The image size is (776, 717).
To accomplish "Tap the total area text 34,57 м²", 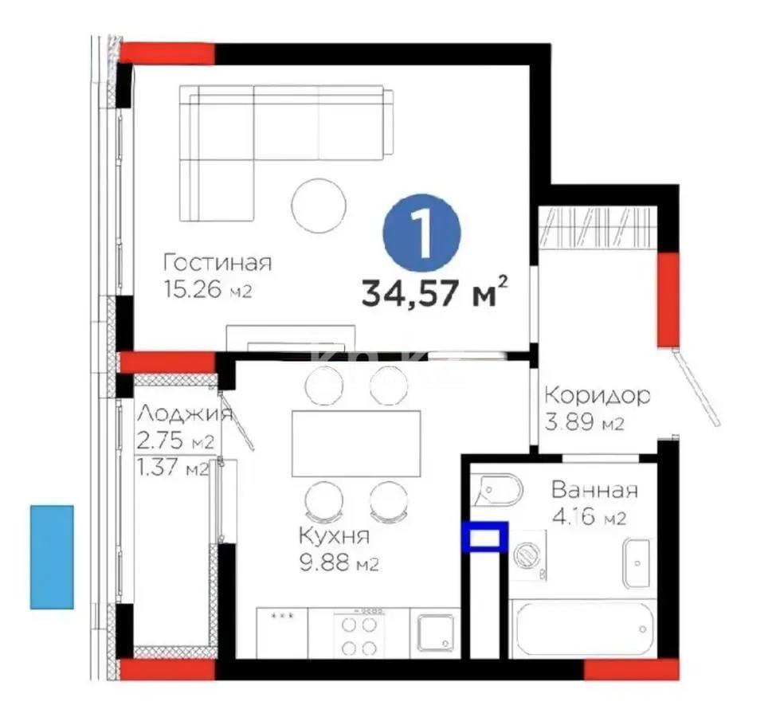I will click(x=435, y=293).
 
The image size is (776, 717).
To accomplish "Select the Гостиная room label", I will click(x=218, y=263).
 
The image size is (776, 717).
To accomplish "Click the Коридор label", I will click(x=598, y=394).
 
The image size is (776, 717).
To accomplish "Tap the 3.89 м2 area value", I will click(x=584, y=422).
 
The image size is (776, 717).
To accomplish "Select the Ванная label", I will click(x=594, y=490).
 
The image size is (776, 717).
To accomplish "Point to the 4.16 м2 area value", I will click(x=588, y=518).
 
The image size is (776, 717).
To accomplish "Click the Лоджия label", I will click(x=185, y=413).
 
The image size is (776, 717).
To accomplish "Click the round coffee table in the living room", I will click(x=317, y=204).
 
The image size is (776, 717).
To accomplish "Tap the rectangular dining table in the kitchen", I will click(x=355, y=443).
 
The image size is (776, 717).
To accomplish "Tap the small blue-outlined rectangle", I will click(x=484, y=536).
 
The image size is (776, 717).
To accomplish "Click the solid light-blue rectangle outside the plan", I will click(x=52, y=557).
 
